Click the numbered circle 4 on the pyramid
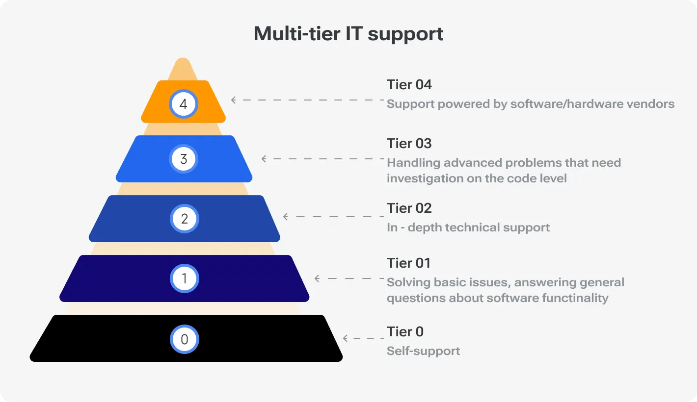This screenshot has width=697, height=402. [183, 104]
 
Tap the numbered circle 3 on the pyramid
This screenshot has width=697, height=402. [184, 159]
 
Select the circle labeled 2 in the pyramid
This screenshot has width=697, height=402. [184, 219]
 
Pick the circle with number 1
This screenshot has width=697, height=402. [184, 278]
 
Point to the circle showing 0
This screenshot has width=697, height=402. [184, 339]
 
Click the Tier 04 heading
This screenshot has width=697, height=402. [409, 84]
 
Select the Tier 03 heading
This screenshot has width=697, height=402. [409, 143]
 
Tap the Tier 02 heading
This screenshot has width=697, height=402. [409, 208]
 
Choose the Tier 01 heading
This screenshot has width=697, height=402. [408, 263]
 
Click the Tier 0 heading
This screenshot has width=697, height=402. [405, 331]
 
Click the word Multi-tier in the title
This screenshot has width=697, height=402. [297, 33]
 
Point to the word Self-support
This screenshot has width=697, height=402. [423, 351]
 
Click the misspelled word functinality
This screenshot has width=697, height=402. [575, 298]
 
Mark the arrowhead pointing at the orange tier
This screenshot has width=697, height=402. [233, 100]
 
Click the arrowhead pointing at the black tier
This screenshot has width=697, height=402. [345, 338]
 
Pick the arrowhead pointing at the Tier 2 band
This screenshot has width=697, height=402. [285, 217]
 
